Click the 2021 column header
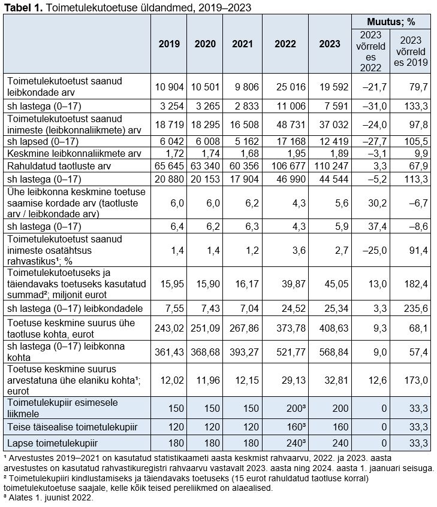click(x=242, y=44)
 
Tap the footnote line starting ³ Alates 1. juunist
click(x=49, y=497)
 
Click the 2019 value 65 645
click(x=168, y=165)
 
